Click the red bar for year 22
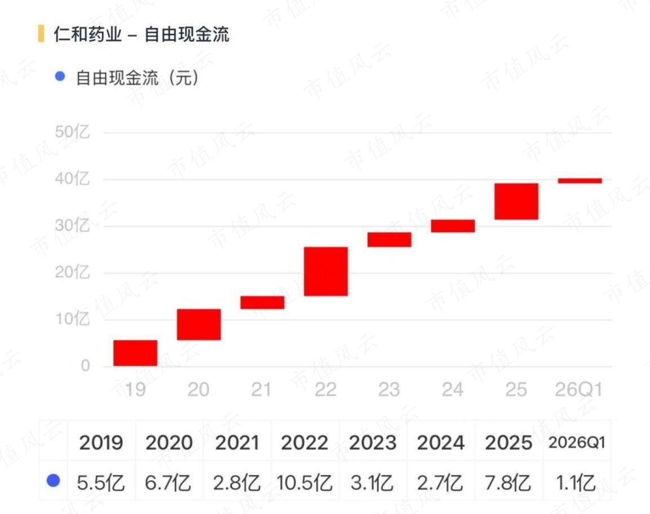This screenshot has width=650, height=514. [326, 272]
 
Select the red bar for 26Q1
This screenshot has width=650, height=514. [580, 181]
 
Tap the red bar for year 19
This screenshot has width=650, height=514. [135, 353]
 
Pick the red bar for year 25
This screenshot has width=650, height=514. [516, 201]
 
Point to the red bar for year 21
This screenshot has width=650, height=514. [262, 303]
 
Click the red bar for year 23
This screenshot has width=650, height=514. [389, 240]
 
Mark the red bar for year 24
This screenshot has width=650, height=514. [453, 226]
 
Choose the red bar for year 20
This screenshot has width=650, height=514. [199, 325]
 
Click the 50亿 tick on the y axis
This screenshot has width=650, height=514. [72, 132]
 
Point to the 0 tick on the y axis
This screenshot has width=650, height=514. [85, 366]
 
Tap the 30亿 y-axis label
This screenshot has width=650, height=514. [72, 226]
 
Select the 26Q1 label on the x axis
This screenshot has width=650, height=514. [579, 389]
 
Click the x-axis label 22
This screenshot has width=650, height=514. [325, 389]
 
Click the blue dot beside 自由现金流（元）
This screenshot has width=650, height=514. [60, 76]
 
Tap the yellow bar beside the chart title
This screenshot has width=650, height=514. [41, 34]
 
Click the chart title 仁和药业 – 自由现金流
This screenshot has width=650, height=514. [142, 34]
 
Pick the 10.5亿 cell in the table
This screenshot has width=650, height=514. [304, 483]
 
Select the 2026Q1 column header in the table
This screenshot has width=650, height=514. [577, 442]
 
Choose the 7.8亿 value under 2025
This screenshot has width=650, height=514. [508, 483]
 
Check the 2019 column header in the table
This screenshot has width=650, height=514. [101, 442]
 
